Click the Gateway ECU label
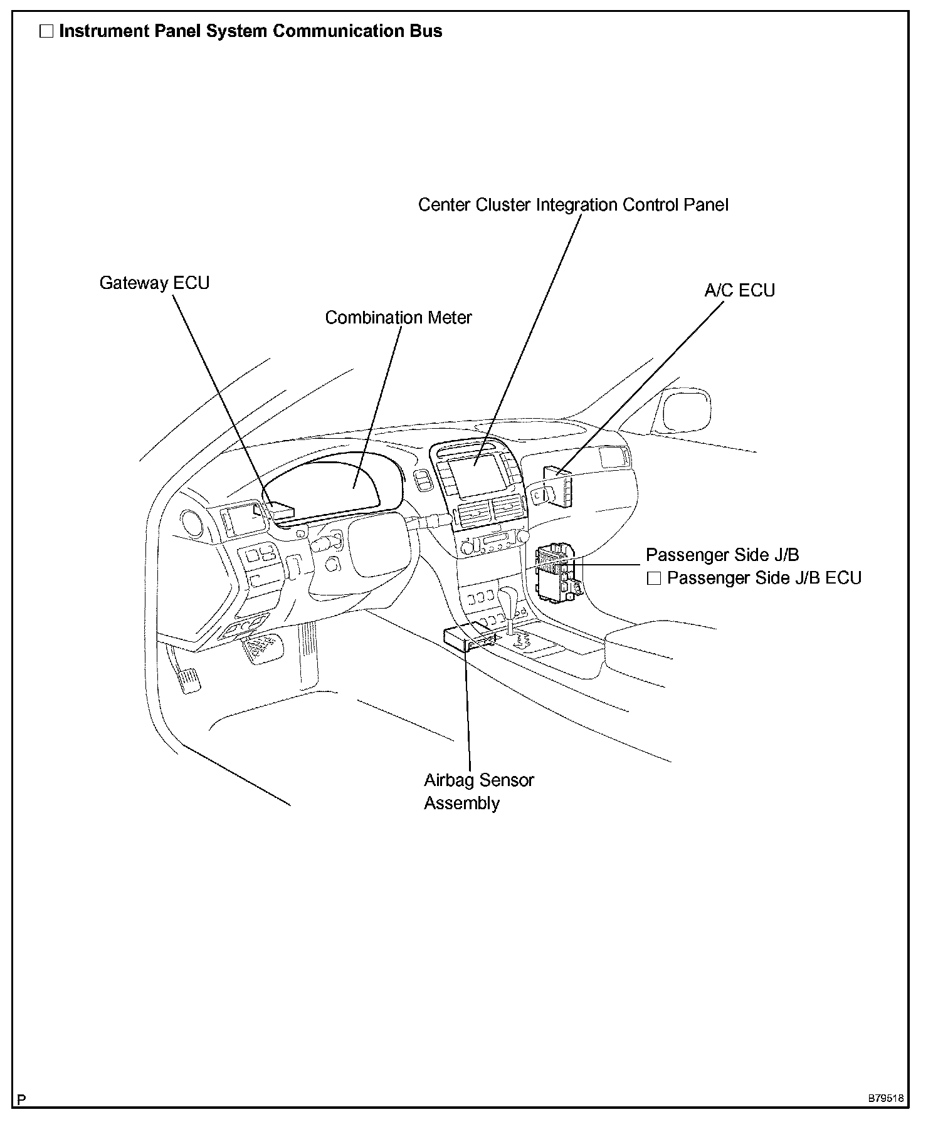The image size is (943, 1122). pyautogui.click(x=154, y=283)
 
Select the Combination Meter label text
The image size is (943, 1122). pyautogui.click(x=398, y=318)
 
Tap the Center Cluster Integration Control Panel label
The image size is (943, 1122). pyautogui.click(x=573, y=205)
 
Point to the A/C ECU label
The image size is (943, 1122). pyautogui.click(x=740, y=291)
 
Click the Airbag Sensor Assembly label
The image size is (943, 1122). pyautogui.click(x=478, y=792)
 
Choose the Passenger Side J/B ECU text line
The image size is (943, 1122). pyautogui.click(x=764, y=578)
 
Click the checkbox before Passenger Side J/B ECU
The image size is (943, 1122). pyautogui.click(x=654, y=578)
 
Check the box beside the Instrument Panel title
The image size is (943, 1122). pyautogui.click(x=46, y=31)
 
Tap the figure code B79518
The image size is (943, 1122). pyautogui.click(x=885, y=1099)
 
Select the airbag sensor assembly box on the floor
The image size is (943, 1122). pyautogui.click(x=467, y=639)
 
